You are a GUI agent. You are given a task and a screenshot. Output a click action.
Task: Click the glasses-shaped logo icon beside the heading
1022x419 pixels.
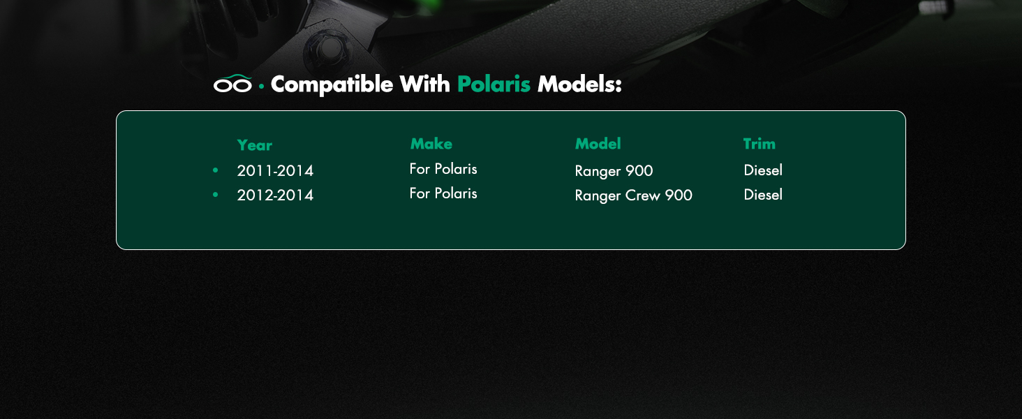point(232,84)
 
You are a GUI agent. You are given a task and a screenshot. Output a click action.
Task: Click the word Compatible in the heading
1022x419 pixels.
point(332,84)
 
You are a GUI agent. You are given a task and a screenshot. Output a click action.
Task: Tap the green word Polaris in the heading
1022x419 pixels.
point(494,84)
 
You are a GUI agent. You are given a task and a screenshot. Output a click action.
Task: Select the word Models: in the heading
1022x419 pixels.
point(579,84)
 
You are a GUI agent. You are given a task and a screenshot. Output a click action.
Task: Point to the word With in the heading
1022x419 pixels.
point(424,84)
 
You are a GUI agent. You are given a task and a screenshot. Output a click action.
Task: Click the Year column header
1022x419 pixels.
point(255,145)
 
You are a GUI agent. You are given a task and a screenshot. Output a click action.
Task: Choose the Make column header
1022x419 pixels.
point(431,144)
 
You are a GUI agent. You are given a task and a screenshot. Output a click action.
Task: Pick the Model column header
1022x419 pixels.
point(598,144)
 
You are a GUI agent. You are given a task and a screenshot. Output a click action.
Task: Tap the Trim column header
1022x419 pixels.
point(760,144)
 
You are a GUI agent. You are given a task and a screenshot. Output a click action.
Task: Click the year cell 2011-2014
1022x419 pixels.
point(275,170)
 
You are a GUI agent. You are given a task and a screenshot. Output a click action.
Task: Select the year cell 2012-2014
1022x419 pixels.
point(275,196)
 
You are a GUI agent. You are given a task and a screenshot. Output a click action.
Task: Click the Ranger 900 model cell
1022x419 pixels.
point(614,171)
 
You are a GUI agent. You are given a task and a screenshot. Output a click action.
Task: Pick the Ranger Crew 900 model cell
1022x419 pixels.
point(633,196)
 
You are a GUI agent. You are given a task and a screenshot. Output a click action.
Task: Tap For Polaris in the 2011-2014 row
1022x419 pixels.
point(443,169)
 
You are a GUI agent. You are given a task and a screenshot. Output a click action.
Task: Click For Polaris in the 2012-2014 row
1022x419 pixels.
point(443,193)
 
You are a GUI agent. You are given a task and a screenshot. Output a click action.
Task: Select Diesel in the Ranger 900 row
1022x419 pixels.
point(763,170)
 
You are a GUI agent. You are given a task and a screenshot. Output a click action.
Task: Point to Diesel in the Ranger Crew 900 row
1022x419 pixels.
point(763,195)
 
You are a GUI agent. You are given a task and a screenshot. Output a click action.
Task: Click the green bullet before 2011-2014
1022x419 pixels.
point(215,170)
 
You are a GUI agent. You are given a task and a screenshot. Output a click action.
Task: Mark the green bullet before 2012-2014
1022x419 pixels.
point(215,195)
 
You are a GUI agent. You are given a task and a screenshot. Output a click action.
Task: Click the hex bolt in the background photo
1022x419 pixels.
point(327,47)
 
